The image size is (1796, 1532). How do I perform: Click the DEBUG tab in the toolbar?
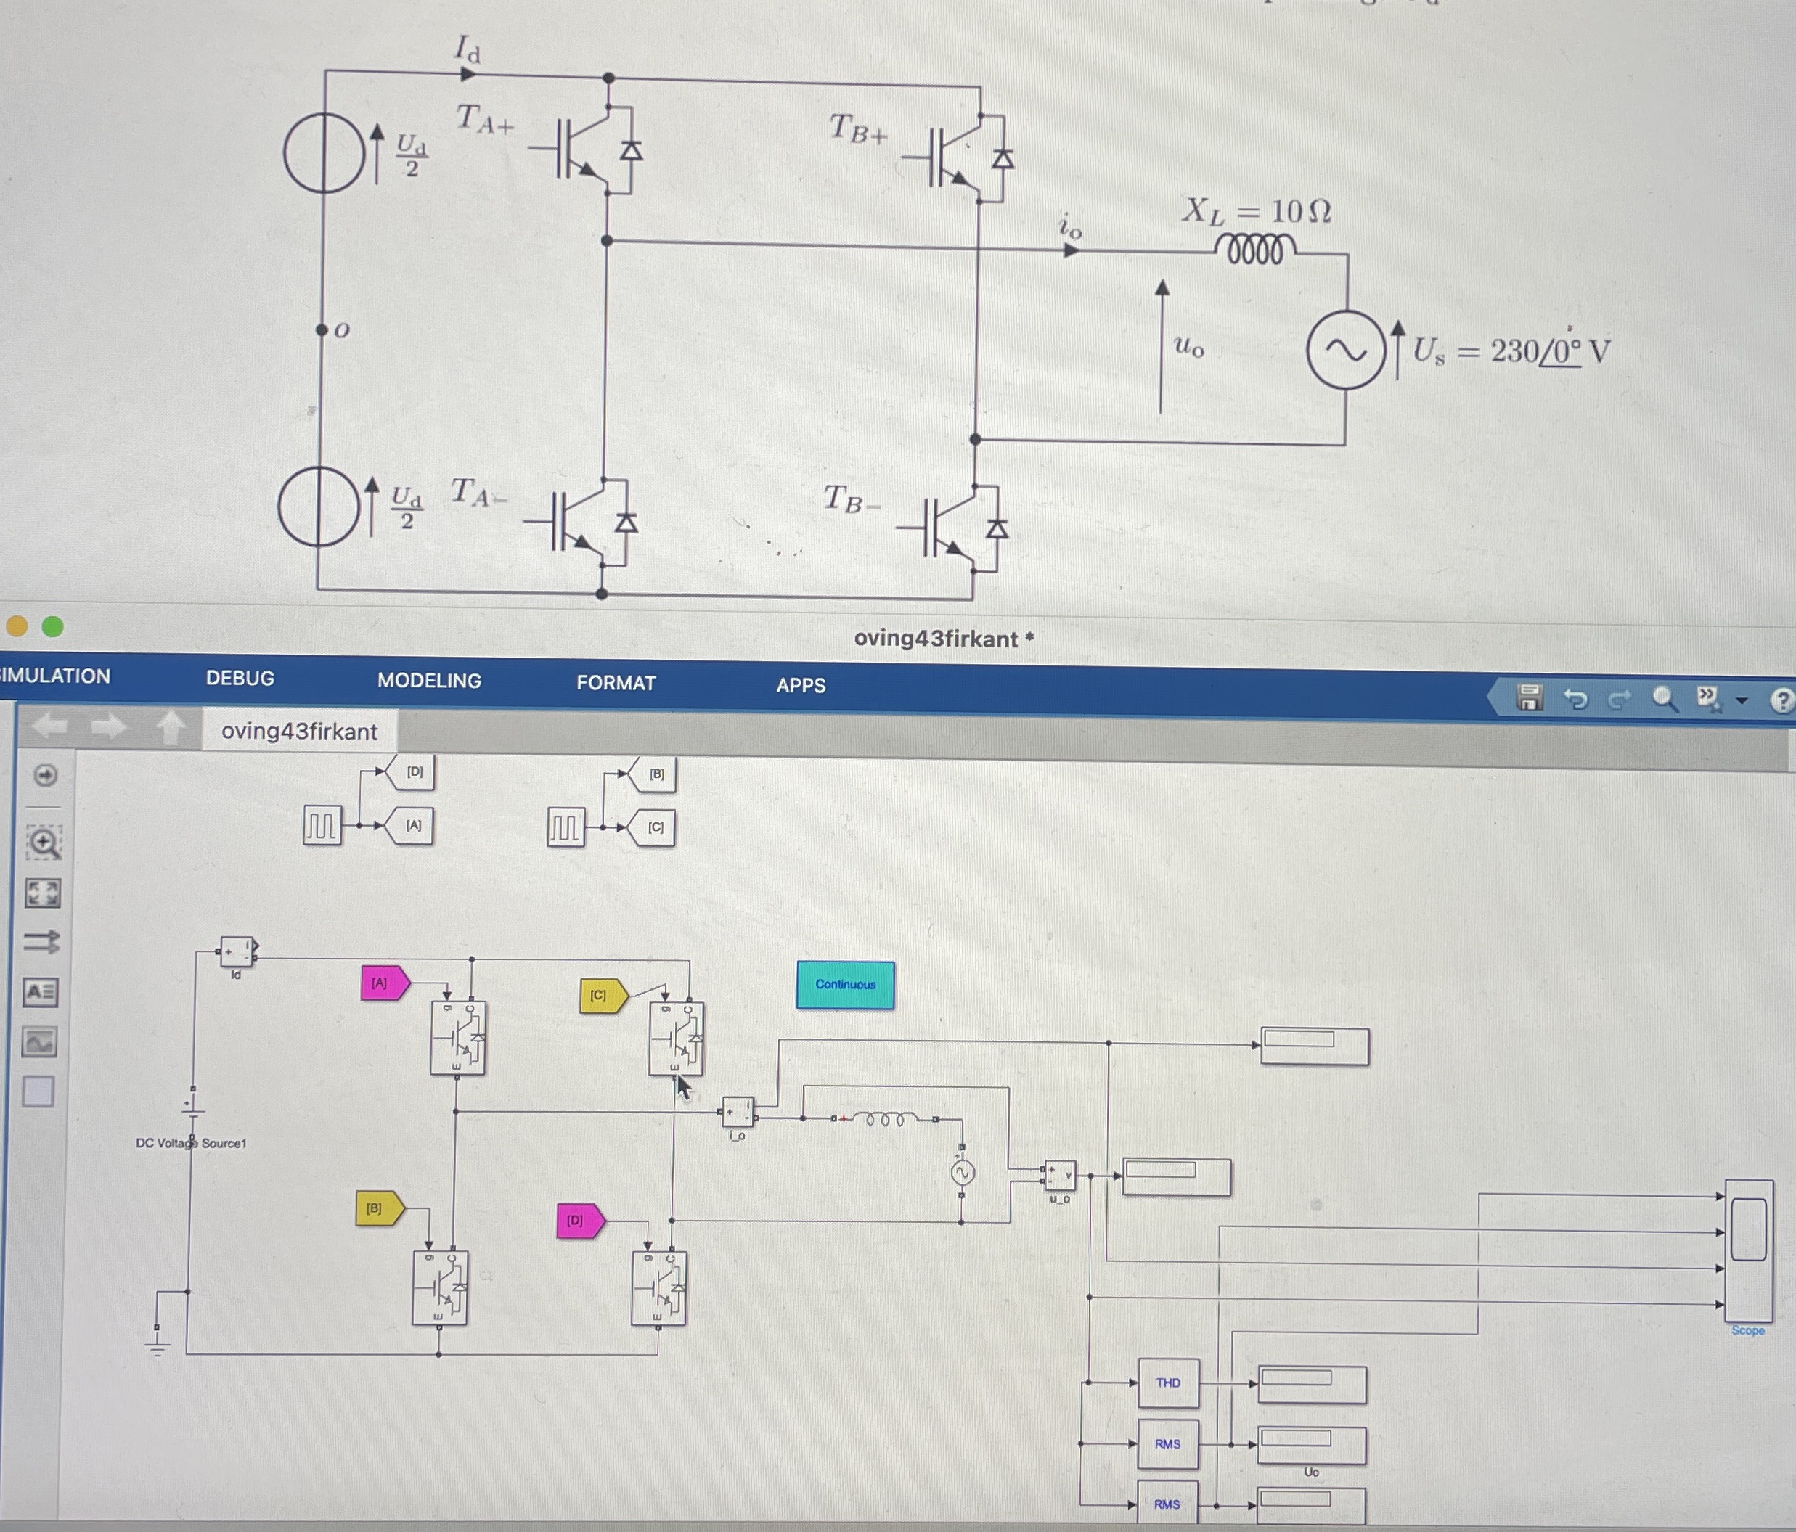tap(240, 679)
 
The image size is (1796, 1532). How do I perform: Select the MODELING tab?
tap(429, 681)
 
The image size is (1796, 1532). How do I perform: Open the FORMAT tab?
tap(616, 684)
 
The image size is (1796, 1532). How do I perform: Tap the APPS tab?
tap(801, 685)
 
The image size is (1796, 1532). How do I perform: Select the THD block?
tap(1167, 1383)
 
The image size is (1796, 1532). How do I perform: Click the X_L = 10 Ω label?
tap(1256, 211)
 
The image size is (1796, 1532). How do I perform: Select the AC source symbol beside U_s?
tap(1345, 350)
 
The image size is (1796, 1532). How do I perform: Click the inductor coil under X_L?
tap(1254, 250)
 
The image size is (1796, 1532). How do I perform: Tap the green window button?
tap(53, 626)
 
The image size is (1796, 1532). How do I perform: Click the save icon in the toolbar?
tap(1529, 697)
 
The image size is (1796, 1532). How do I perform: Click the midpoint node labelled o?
tap(322, 330)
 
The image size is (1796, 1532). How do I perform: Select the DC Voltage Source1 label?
tap(191, 1143)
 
